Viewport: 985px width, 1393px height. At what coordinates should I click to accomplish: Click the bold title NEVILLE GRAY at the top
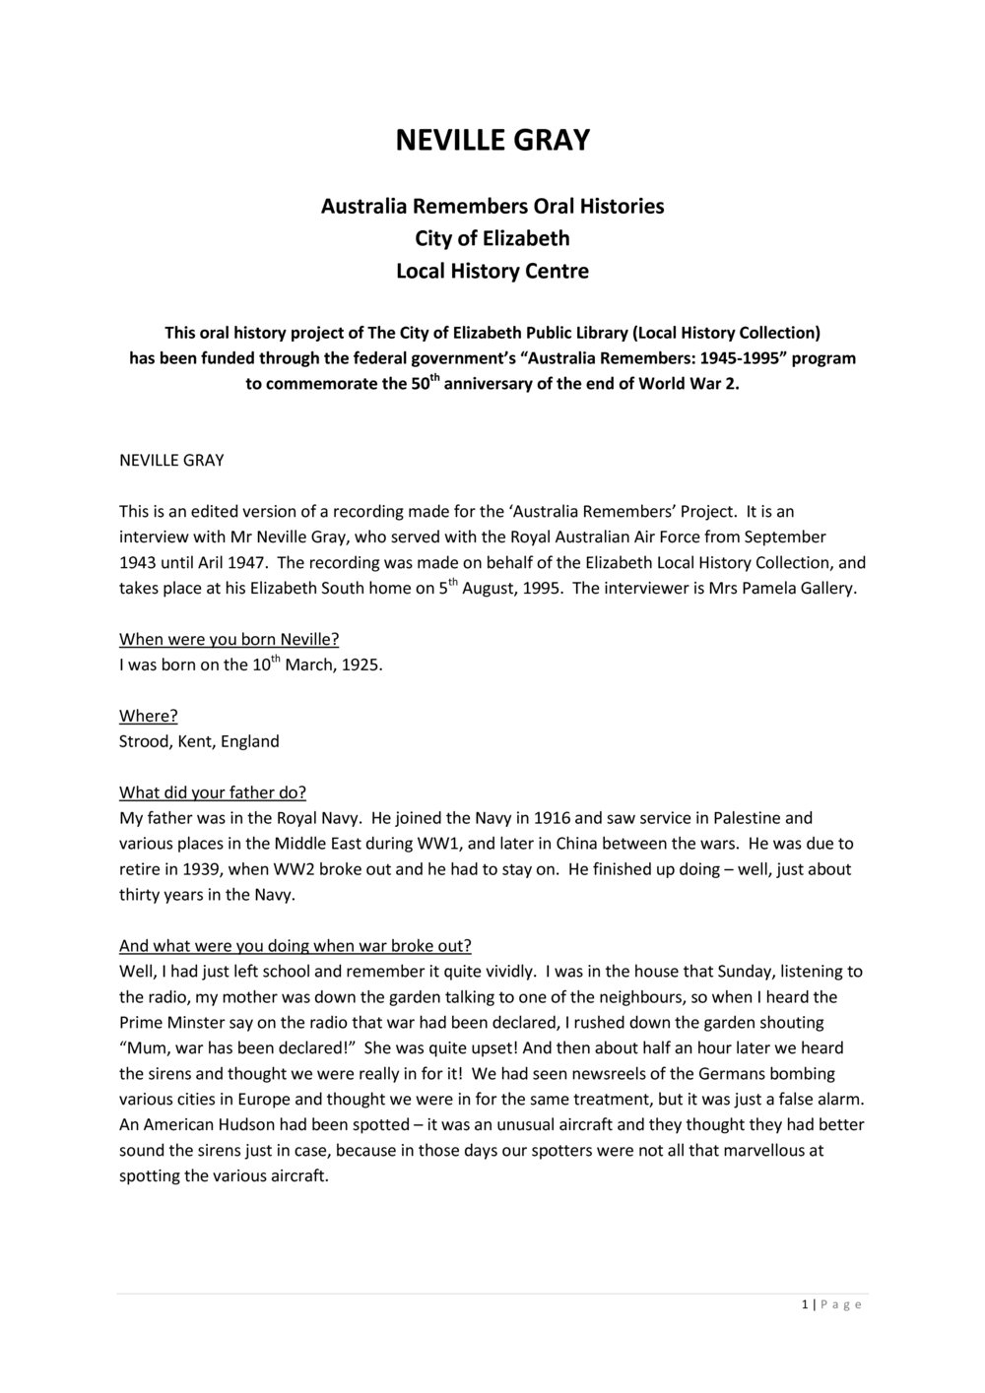coord(492,141)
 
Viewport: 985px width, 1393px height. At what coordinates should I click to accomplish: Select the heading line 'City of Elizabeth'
coord(492,238)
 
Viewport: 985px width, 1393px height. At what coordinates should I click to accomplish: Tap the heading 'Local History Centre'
coord(492,271)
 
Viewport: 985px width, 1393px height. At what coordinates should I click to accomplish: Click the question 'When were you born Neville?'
coord(229,639)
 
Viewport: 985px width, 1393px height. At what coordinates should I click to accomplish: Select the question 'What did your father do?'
coord(213,792)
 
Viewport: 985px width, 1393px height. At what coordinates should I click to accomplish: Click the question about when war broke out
coord(295,946)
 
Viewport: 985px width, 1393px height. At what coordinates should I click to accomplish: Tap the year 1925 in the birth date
coord(361,665)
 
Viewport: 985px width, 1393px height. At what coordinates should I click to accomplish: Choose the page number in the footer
coord(805,1305)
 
